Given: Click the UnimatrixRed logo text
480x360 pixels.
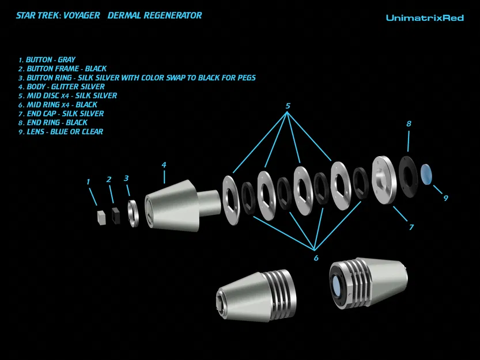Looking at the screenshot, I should pyautogui.click(x=425, y=18).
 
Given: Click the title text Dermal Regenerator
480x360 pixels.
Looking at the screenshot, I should pyautogui.click(x=155, y=16).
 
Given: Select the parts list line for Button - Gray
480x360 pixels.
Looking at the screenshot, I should pyautogui.click(x=47, y=59).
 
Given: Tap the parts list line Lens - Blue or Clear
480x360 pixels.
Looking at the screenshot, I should pyautogui.click(x=61, y=131).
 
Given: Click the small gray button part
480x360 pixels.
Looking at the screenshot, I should pyautogui.click(x=101, y=215).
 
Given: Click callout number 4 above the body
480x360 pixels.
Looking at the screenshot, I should pyautogui.click(x=164, y=165).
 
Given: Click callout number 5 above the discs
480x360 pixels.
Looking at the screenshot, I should pyautogui.click(x=288, y=106).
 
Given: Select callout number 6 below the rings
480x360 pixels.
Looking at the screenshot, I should pyautogui.click(x=316, y=257).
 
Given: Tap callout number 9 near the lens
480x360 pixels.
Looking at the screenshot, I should pyautogui.click(x=445, y=198).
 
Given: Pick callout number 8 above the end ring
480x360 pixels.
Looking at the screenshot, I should pyautogui.click(x=409, y=123).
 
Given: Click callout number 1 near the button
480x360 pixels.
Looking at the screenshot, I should pyautogui.click(x=88, y=182).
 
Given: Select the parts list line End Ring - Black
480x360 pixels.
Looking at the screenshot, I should pyautogui.click(x=52, y=123).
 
